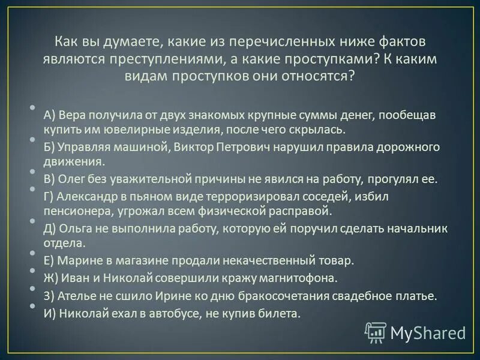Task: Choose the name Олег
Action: pos(73,179)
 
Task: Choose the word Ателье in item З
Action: pos(74,296)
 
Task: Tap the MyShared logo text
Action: pos(427,332)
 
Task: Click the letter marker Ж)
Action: pos(51,278)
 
